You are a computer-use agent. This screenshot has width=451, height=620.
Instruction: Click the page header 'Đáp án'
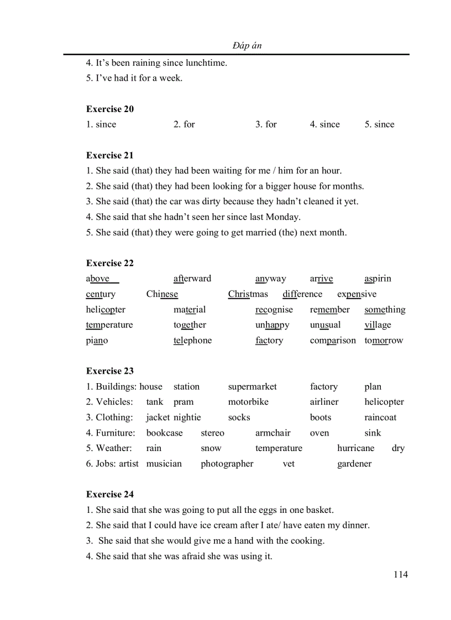(247, 45)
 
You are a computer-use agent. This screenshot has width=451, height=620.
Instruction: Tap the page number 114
(401, 574)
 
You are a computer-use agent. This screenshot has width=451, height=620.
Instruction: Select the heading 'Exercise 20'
(110, 109)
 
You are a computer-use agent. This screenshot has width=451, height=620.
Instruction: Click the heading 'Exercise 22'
(110, 263)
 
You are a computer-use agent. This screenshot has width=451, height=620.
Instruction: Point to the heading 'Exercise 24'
(110, 494)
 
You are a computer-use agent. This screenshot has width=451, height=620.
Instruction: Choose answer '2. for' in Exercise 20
(184, 124)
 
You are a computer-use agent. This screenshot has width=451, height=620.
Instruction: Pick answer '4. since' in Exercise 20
(325, 124)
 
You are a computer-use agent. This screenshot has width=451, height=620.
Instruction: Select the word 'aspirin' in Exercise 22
(377, 278)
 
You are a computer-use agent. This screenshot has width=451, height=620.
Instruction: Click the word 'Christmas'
(248, 294)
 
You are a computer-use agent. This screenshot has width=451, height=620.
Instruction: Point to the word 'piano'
(97, 341)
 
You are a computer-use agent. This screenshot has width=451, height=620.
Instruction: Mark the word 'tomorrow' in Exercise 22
(384, 340)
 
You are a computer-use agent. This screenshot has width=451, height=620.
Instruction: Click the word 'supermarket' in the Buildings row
(253, 386)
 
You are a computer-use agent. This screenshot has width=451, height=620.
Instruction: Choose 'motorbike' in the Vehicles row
(248, 402)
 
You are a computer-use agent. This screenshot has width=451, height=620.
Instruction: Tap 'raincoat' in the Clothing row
(380, 417)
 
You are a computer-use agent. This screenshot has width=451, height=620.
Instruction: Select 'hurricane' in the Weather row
(355, 448)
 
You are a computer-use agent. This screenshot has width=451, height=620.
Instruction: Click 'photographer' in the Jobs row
(227, 464)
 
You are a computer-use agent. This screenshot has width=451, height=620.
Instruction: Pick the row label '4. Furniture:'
(111, 433)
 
